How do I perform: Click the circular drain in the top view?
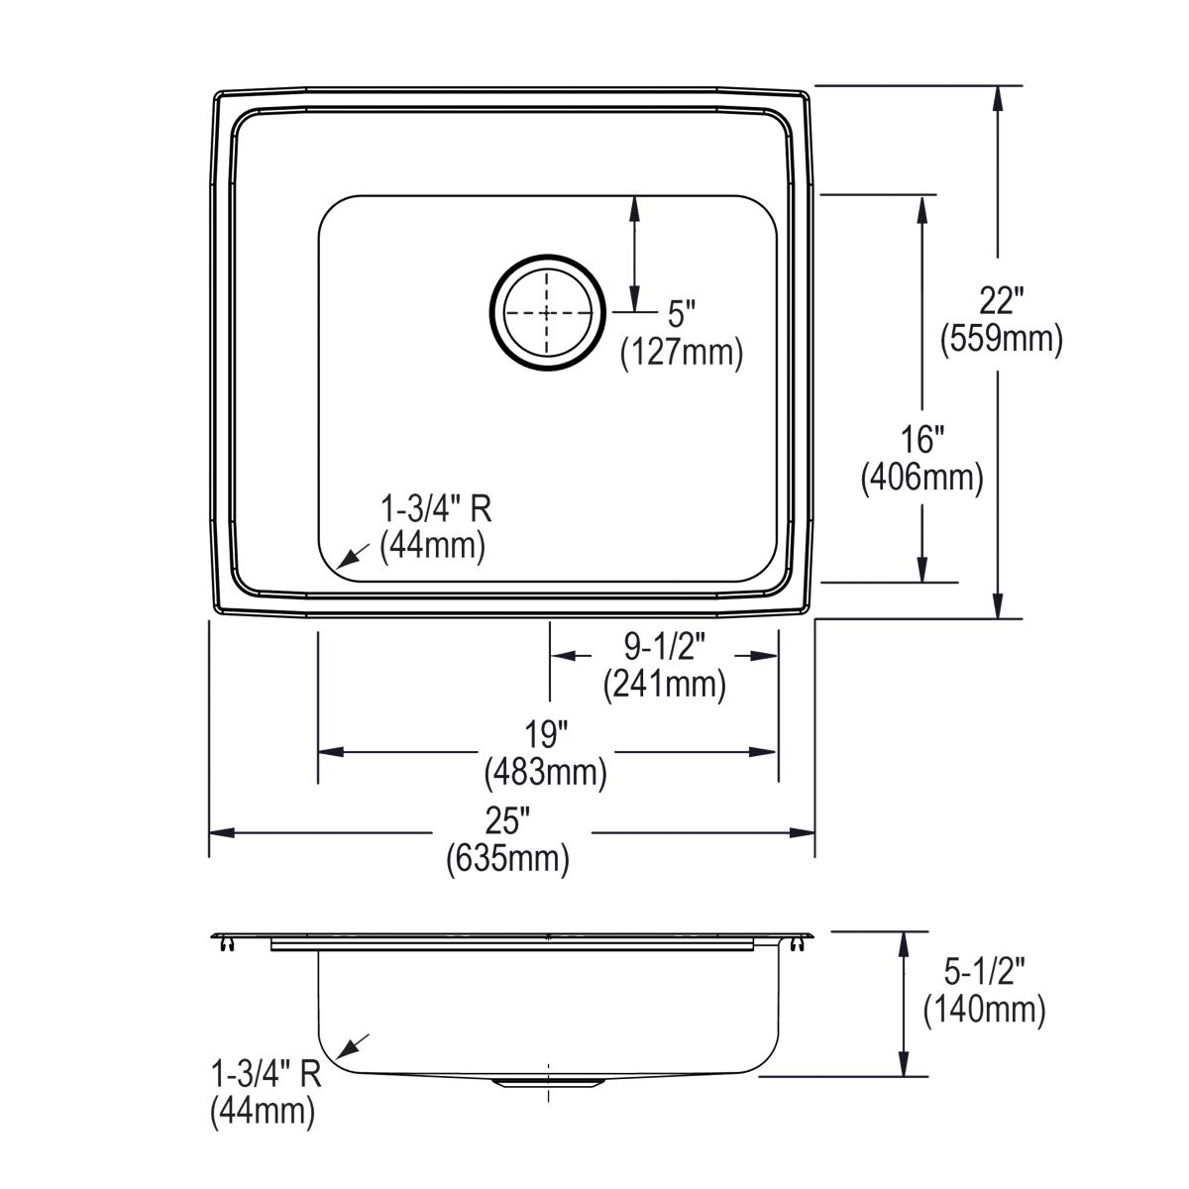[x=547, y=312]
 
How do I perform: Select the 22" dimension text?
[x=1001, y=299]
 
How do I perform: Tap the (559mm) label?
[x=1001, y=339]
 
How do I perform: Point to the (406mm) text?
[x=922, y=479]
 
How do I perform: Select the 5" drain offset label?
[x=682, y=314]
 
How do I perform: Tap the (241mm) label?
[x=664, y=684]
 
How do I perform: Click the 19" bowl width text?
[x=546, y=734]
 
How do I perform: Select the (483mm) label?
[x=546, y=772]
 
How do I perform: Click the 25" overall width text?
[x=508, y=820]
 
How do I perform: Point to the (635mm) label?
[x=508, y=858]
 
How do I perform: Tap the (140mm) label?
[x=984, y=1010]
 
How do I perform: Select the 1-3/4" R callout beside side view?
[x=266, y=1074]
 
